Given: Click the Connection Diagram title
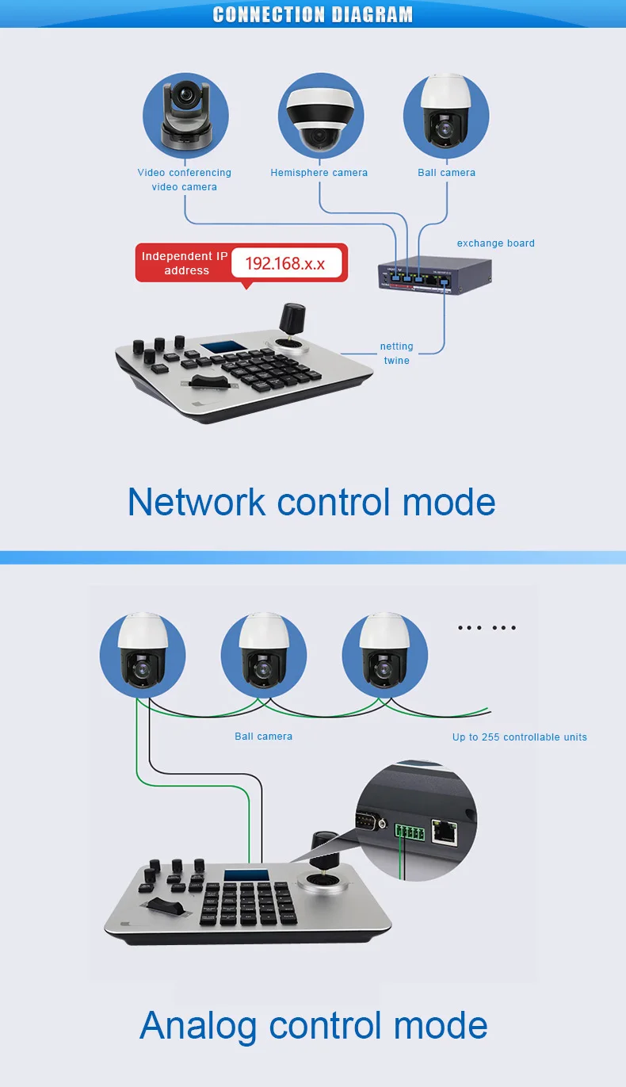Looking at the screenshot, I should click(x=313, y=14).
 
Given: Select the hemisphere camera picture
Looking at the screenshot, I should click(x=321, y=117).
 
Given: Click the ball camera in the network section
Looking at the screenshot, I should click(x=446, y=116).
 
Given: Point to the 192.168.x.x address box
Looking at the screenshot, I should click(x=285, y=263).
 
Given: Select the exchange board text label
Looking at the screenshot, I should click(x=495, y=243).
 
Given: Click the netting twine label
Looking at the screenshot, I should click(x=396, y=354).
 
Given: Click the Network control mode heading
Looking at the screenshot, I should click(x=311, y=501).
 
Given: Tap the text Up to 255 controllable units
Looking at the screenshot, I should click(x=519, y=737).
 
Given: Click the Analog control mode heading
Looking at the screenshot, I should click(x=313, y=1025).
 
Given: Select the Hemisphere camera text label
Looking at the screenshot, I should click(x=319, y=173).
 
